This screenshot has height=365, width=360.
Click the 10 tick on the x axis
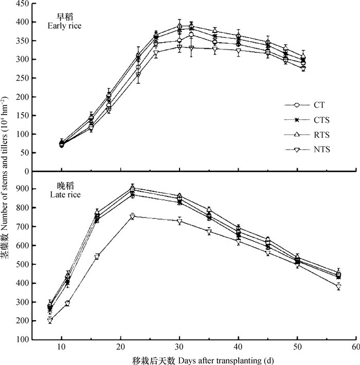pyautogui.click(x=62, y=348)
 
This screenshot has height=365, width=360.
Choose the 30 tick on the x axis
pyautogui.click(x=179, y=348)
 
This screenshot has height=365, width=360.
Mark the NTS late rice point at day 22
pyautogui.click(x=132, y=216)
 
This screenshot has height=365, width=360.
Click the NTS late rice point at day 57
pyautogui.click(x=338, y=287)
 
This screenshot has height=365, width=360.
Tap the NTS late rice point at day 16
pyautogui.click(x=97, y=257)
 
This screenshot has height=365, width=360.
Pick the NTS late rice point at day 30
pyautogui.click(x=179, y=221)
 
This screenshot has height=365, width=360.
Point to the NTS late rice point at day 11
pyautogui.click(x=67, y=304)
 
